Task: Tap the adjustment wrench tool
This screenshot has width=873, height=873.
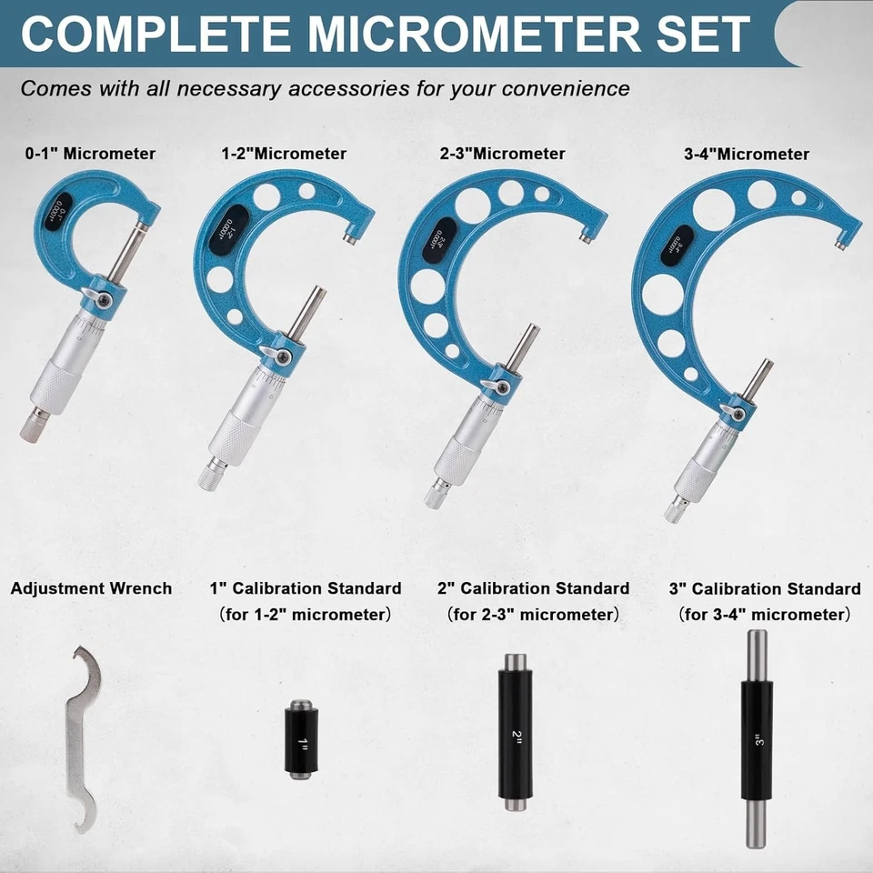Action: click(85, 737)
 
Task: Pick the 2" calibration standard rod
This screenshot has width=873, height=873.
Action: click(515, 732)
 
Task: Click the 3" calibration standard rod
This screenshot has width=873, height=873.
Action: click(756, 738)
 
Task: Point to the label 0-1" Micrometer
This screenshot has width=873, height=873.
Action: click(90, 155)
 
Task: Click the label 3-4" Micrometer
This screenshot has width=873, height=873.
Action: click(746, 155)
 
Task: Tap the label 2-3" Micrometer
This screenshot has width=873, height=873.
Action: click(501, 155)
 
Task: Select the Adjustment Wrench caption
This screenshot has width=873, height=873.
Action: click(91, 588)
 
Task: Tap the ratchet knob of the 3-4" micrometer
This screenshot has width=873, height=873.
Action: click(677, 510)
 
